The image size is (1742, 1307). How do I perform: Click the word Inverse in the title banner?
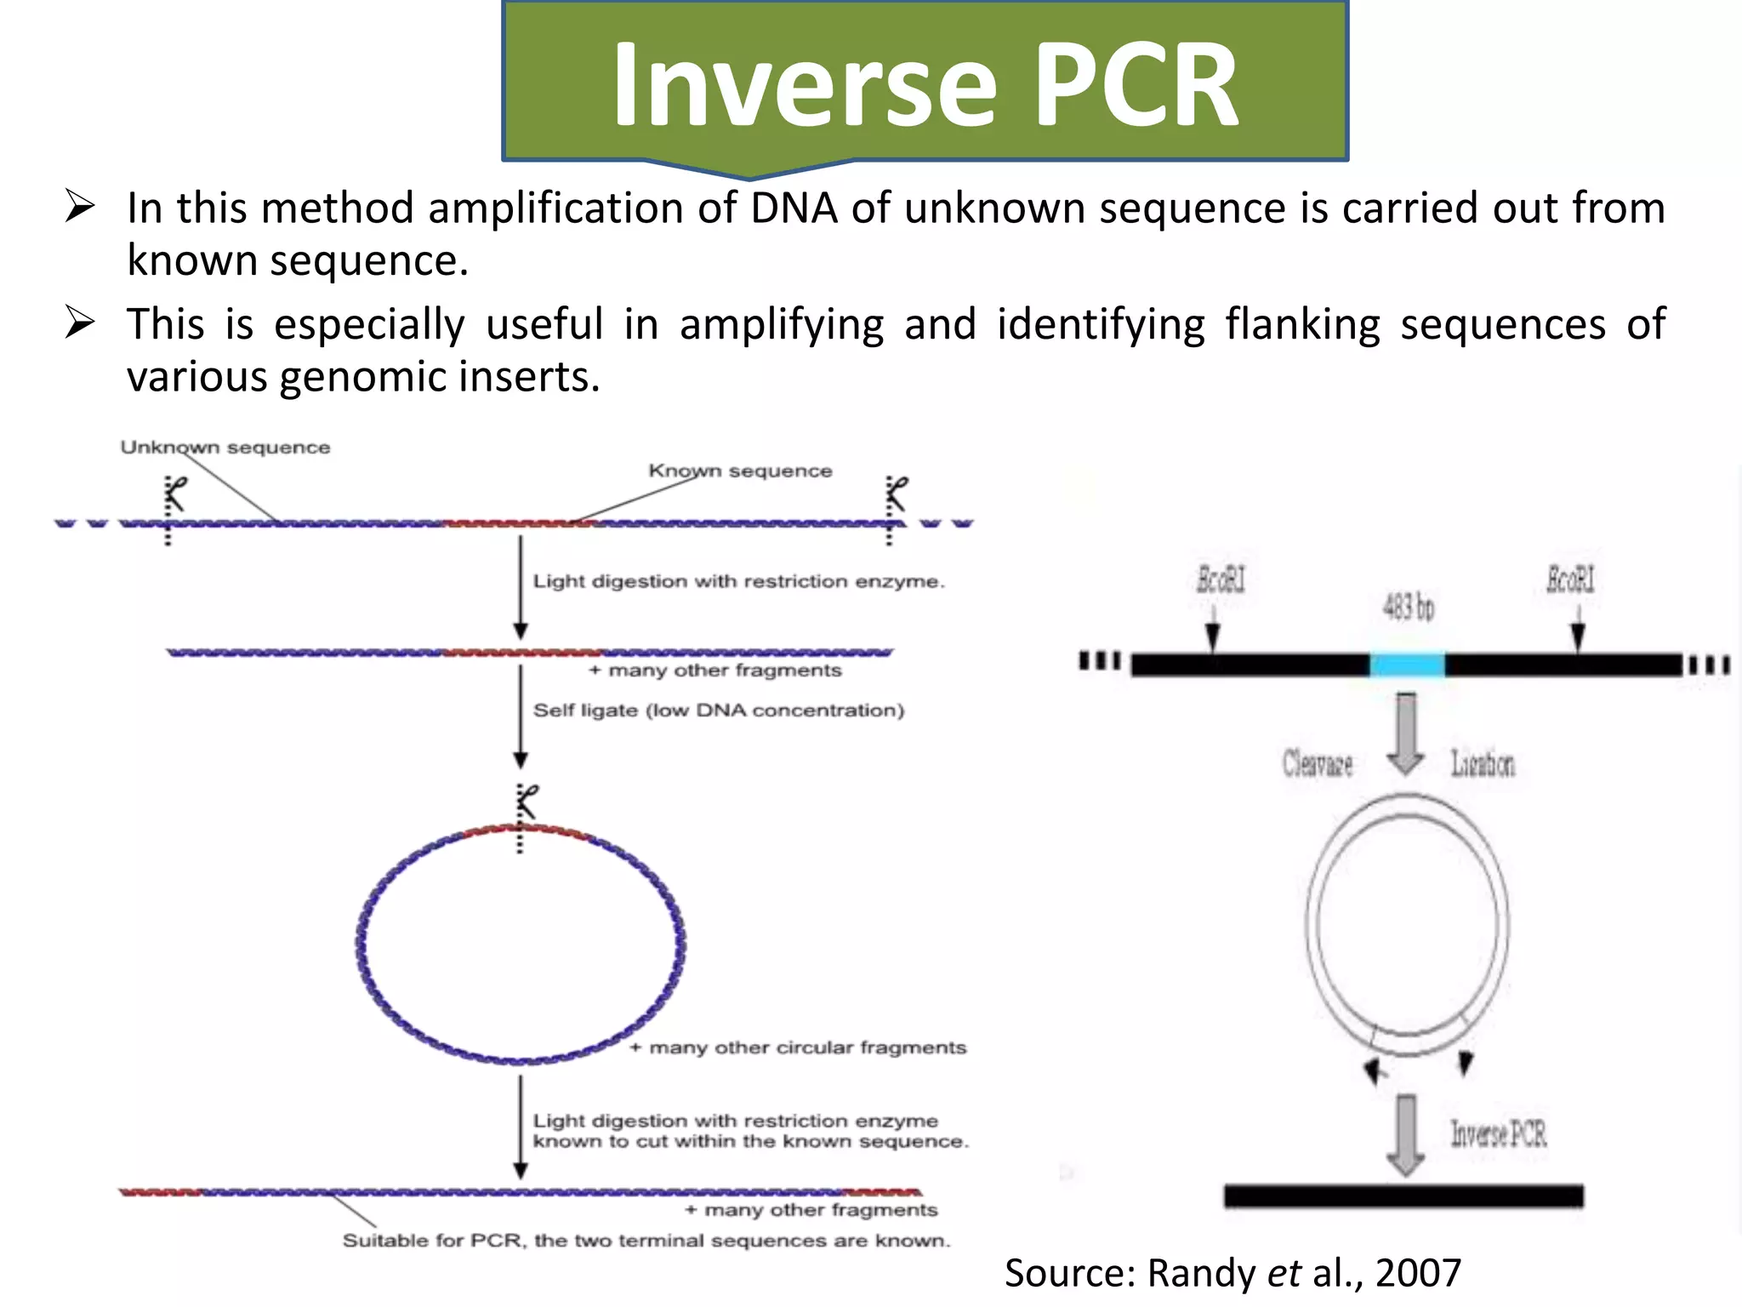pos(804,85)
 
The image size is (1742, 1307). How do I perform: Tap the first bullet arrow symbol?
pos(80,207)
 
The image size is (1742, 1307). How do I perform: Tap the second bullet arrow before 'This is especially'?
pos(80,323)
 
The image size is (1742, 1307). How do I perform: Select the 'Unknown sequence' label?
pos(225,448)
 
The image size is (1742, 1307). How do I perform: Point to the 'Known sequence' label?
pos(740,471)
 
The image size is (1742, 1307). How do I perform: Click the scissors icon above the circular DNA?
pos(527,802)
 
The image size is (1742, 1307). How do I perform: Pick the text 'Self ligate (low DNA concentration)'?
pos(718,711)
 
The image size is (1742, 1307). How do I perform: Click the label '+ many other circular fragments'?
pos(798,1047)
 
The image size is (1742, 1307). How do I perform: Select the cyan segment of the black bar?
pos(1407,664)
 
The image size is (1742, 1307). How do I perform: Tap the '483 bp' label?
pos(1408,607)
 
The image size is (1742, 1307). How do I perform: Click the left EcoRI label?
pos(1221,579)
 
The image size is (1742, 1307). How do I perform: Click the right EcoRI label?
pos(1570,579)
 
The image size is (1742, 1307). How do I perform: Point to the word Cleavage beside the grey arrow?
pos(1317,763)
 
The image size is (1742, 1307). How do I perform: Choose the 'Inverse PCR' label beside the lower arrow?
pos(1498,1133)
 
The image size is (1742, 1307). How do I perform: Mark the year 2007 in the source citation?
pos(1418,1273)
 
